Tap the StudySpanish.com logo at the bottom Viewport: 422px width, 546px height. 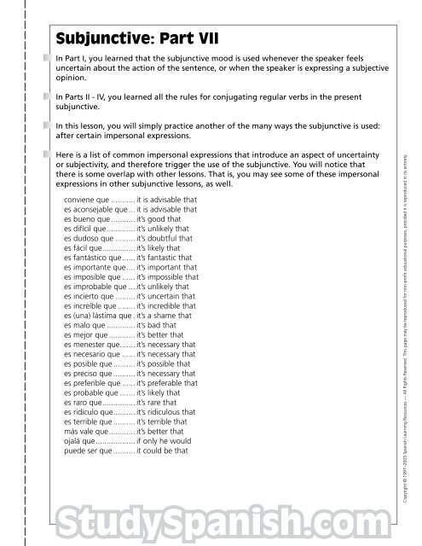click(211, 517)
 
